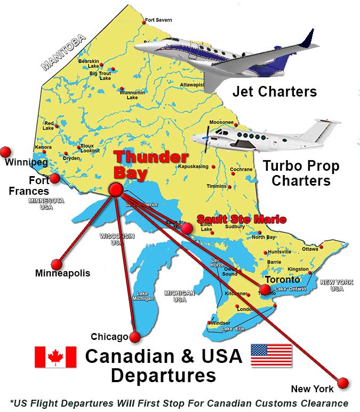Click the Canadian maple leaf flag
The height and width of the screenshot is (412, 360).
point(55,357)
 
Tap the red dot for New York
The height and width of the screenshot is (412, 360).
point(343,383)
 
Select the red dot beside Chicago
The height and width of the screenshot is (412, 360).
point(135,337)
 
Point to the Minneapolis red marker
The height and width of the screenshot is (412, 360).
point(57,264)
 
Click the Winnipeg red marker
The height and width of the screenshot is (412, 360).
point(6,152)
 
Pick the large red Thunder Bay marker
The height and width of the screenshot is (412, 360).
point(116,190)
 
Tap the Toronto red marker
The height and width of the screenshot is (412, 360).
point(265,290)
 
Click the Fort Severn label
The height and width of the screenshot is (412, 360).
point(158,20)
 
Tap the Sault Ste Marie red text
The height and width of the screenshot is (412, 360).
point(242,219)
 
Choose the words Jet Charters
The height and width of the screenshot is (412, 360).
point(274,91)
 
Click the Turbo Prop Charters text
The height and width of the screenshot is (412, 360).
point(300,173)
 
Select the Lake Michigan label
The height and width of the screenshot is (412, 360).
point(142,296)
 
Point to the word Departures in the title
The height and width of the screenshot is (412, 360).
point(163,375)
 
